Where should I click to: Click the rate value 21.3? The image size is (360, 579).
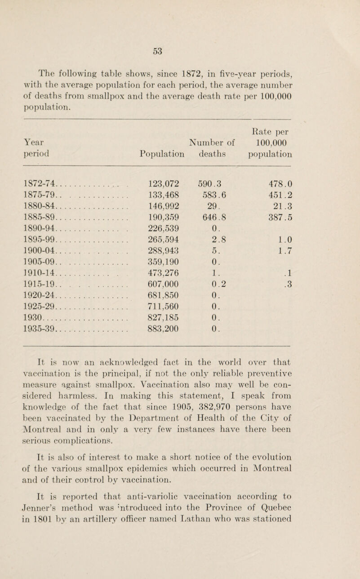click(283, 204)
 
